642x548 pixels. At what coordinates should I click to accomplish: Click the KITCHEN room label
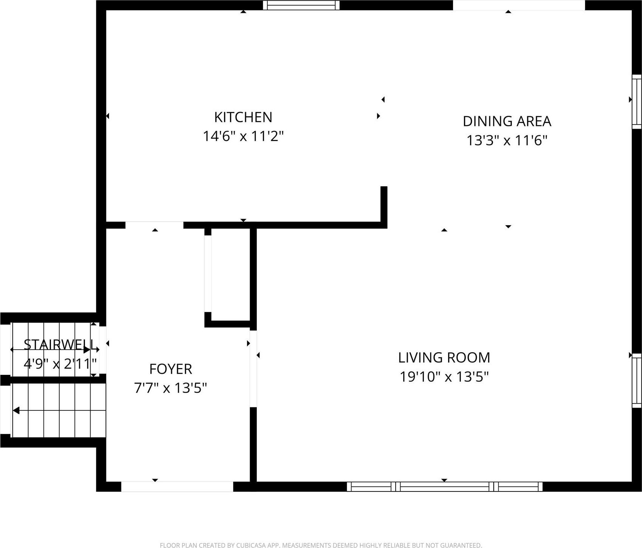tap(243, 117)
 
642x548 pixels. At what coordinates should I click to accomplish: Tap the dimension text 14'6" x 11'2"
tap(243, 136)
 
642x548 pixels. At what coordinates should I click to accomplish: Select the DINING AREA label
tap(507, 121)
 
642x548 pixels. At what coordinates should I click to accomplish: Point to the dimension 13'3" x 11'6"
tap(507, 141)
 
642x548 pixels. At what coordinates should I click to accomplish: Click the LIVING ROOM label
tap(444, 358)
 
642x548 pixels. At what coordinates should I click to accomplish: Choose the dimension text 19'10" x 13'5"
tap(444, 377)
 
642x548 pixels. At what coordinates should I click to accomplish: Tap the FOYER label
tap(170, 369)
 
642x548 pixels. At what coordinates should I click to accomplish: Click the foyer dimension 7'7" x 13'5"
tap(170, 388)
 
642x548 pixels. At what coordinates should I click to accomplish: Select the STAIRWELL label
tap(59, 344)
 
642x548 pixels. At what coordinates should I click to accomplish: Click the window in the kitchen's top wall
tap(301, 5)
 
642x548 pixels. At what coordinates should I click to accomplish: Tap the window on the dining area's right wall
tap(636, 102)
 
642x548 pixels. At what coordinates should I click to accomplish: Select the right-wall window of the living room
tap(636, 381)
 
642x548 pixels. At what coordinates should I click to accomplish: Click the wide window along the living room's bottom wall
tap(444, 487)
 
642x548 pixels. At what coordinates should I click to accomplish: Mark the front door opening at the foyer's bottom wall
tap(177, 487)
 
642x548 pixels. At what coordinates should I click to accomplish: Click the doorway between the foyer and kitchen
tap(154, 225)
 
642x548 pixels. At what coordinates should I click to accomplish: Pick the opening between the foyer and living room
tap(253, 368)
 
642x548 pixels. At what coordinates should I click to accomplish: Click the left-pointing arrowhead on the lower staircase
tap(16, 410)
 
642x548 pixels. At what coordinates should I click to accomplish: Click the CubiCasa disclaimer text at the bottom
tap(321, 545)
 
